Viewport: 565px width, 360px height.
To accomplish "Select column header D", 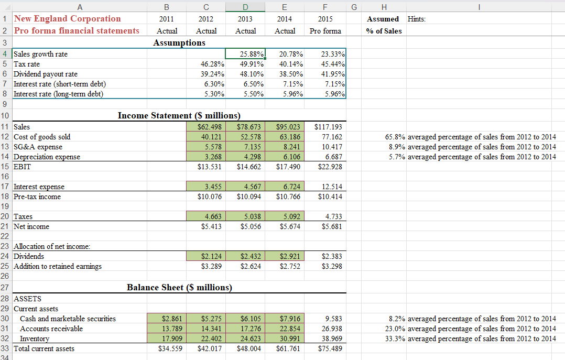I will click(245, 6).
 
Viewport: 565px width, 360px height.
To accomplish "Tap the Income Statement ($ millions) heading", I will click(179, 115).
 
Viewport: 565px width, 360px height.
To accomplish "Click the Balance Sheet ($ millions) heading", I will click(179, 287).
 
